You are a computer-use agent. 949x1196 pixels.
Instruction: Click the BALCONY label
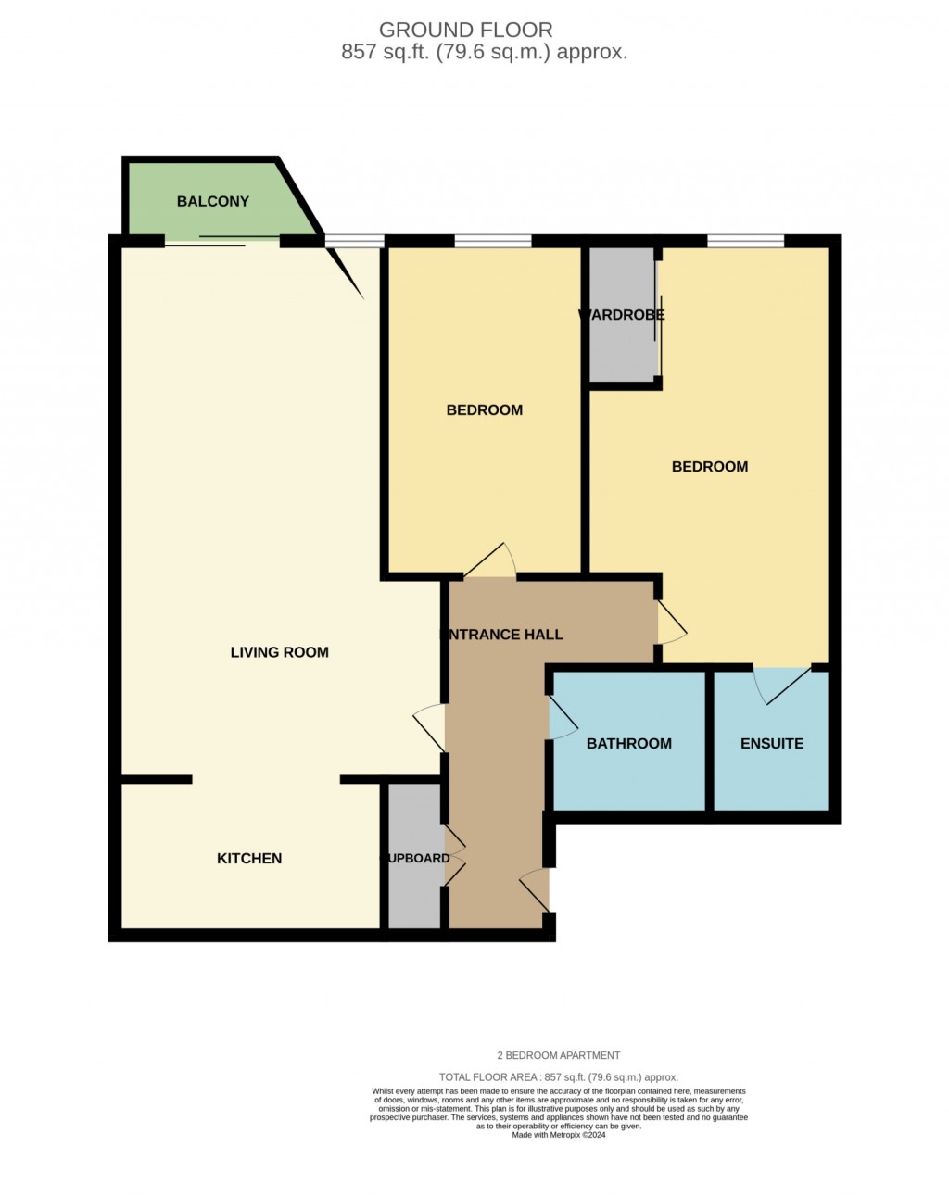click(x=213, y=201)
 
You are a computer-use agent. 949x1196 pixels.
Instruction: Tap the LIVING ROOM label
click(x=279, y=652)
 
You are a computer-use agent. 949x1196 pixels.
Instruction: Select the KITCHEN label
click(x=249, y=859)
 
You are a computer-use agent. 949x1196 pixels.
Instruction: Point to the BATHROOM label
click(x=629, y=743)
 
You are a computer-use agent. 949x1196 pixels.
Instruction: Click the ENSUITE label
click(x=772, y=743)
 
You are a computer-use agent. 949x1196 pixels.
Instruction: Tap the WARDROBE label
click(x=622, y=315)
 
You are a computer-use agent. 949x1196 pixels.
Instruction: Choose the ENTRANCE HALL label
click(x=501, y=635)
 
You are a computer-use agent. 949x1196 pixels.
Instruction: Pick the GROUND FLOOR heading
click(x=466, y=31)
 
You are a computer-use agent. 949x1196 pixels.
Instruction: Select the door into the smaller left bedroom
click(x=490, y=562)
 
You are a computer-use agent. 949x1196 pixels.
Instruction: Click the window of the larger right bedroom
click(x=745, y=243)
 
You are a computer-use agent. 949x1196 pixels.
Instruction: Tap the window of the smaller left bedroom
click(x=493, y=243)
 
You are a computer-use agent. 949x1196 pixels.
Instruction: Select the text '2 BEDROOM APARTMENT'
click(x=559, y=1055)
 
